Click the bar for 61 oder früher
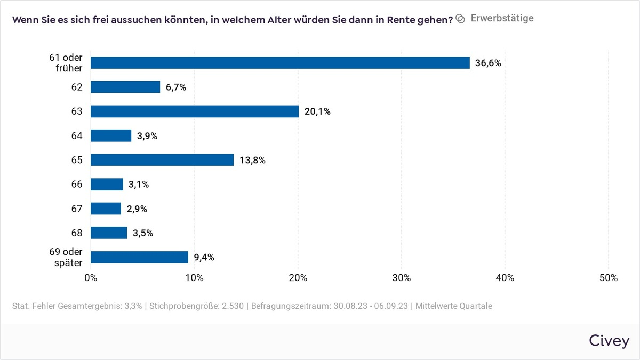click(280, 63)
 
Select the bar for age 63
click(195, 111)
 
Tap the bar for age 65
click(162, 160)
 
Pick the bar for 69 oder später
click(139, 257)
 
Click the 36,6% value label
click(488, 63)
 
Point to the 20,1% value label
click(317, 111)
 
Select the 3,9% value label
click(147, 136)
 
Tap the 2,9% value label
click(137, 209)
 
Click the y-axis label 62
click(77, 87)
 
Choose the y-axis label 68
click(77, 233)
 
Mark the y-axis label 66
click(77, 185)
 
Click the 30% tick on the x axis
click(401, 278)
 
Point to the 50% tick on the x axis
click(608, 278)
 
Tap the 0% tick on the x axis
click(91, 278)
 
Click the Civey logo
click(609, 341)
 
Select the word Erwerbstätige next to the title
click(502, 18)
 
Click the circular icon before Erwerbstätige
click(460, 19)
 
